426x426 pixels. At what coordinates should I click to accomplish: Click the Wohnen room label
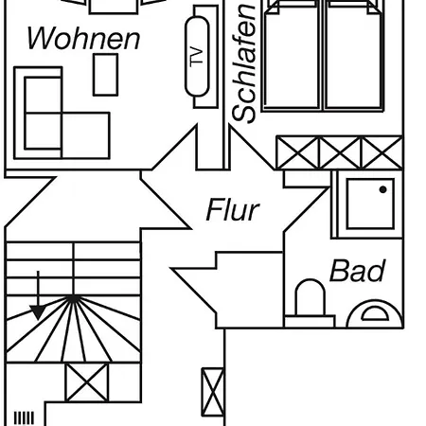(x=83, y=38)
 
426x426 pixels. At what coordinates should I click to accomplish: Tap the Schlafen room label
(x=243, y=63)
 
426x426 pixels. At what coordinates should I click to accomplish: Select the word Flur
(x=233, y=209)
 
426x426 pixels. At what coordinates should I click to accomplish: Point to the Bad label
(x=358, y=271)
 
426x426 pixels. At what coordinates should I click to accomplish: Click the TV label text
(x=197, y=56)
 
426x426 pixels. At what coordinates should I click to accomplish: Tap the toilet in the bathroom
(x=310, y=297)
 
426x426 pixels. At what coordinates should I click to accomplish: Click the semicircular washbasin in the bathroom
(x=375, y=314)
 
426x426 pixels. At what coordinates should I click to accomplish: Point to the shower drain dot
(x=382, y=189)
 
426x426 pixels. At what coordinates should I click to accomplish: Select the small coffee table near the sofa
(x=105, y=75)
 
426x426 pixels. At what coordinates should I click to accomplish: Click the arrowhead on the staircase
(x=38, y=311)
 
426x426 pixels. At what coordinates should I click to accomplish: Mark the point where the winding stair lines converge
(x=73, y=298)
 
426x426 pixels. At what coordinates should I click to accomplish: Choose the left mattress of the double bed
(x=292, y=57)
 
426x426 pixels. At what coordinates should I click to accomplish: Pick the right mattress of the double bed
(x=353, y=57)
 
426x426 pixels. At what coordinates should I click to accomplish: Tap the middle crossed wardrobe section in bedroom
(x=340, y=152)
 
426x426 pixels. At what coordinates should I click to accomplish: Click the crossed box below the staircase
(x=87, y=382)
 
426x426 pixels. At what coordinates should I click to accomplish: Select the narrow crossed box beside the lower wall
(x=213, y=392)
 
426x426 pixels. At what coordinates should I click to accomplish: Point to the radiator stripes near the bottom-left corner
(x=24, y=418)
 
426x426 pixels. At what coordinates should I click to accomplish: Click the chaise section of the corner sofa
(x=86, y=135)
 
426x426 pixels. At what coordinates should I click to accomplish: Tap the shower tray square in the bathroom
(x=370, y=204)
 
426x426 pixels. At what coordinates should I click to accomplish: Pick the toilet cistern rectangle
(x=310, y=321)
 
